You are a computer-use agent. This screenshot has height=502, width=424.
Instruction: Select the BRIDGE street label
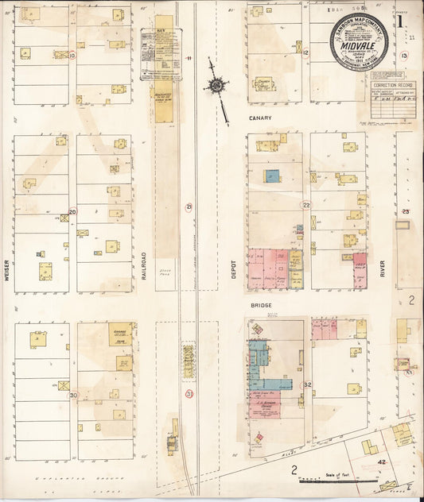tap(262, 306)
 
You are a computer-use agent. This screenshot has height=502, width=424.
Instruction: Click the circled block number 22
tap(305, 205)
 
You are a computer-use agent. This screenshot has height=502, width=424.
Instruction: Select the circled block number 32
tap(307, 385)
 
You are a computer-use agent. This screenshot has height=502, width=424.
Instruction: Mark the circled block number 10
tap(72, 56)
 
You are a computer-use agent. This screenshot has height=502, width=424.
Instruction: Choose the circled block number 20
tap(72, 212)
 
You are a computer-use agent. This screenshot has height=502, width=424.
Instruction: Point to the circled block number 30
tap(73, 395)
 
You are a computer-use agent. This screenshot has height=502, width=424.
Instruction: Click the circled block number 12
tap(305, 53)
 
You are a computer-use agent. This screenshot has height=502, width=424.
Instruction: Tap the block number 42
tap(382, 461)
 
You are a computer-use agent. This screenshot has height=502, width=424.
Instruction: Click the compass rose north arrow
tap(216, 86)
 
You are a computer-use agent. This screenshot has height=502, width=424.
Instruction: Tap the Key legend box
tap(161, 54)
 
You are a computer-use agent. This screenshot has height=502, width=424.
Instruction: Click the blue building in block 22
tap(272, 176)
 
